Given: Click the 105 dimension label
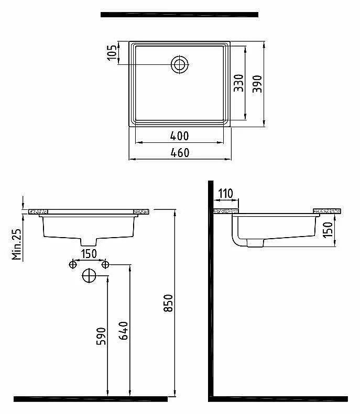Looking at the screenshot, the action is coord(112,53).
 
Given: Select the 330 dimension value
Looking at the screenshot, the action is coord(238,83).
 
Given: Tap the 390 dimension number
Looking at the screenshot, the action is coord(257,84).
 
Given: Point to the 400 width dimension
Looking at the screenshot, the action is coord(179,136).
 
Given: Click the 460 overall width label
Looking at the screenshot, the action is coord(180,153).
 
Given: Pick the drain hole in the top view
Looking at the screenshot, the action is coord(180,64).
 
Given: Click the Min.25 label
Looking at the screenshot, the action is coord(16,244).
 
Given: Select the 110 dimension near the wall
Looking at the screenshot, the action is coord(225,194).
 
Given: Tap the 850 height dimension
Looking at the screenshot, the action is coord(168,303).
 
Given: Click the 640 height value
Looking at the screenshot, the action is coord(124,331).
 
